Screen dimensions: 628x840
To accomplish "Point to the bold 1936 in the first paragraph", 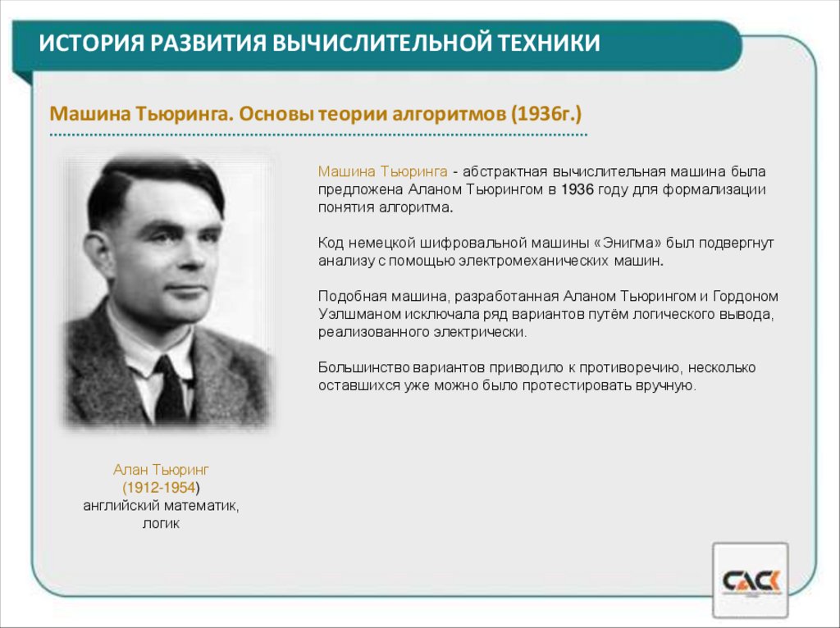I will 577,189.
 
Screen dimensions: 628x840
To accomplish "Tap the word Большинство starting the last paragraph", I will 358,366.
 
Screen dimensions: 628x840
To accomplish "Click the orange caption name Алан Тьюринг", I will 162,470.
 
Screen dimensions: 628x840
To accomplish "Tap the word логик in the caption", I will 161,523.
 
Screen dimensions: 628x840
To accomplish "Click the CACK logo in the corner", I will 751,581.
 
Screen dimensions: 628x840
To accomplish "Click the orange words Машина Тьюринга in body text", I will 382,172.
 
